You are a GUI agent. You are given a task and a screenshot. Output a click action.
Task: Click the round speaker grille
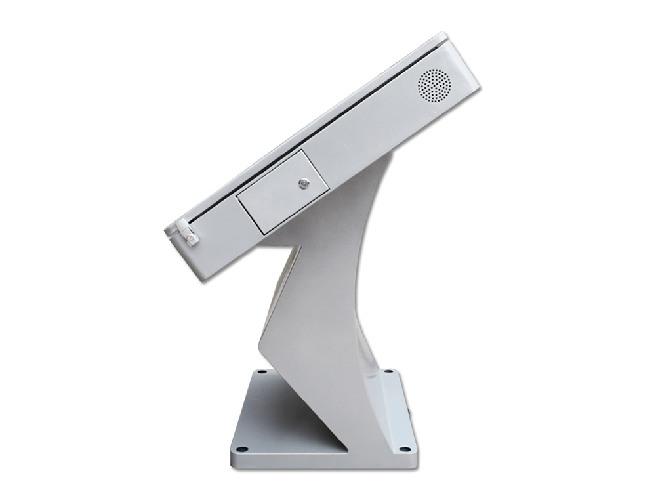434,85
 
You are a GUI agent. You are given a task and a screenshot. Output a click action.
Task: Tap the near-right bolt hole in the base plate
405,449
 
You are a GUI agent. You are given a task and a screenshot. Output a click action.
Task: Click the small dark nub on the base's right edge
410,415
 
